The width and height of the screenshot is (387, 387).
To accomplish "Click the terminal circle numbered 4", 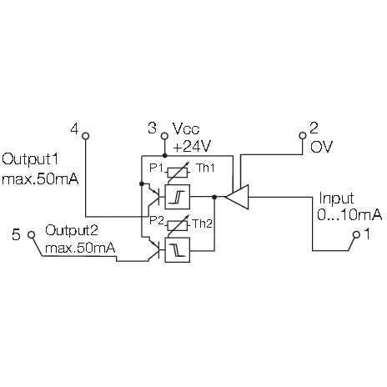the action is pyautogui.click(x=86, y=136).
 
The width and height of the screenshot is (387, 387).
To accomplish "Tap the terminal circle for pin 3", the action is pyautogui.click(x=164, y=136).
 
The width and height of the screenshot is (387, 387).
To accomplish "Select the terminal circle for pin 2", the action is pyautogui.click(x=303, y=136).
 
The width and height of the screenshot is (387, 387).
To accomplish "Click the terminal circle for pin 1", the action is pyautogui.click(x=356, y=235).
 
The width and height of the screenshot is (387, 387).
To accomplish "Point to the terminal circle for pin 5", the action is pyautogui.click(x=32, y=235).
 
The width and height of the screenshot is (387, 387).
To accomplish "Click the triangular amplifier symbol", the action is pyautogui.click(x=237, y=197).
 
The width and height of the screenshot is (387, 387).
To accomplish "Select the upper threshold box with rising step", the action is pyautogui.click(x=178, y=197).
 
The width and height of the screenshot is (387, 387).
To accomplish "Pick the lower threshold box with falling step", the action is pyautogui.click(x=178, y=250).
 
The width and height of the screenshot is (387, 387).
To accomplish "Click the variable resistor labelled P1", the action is pyautogui.click(x=177, y=172).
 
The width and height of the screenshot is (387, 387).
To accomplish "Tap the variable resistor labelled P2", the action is pyautogui.click(x=177, y=224).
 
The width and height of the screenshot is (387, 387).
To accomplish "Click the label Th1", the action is pyautogui.click(x=205, y=168).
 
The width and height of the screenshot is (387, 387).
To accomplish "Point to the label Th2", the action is pyautogui.click(x=203, y=224).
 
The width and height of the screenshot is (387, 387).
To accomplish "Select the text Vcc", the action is pyautogui.click(x=186, y=129).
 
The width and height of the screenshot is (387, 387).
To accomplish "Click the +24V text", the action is pyautogui.click(x=192, y=146).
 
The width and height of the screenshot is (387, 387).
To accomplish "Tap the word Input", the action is pyautogui.click(x=336, y=199).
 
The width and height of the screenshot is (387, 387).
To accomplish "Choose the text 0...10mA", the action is pyautogui.click(x=349, y=215).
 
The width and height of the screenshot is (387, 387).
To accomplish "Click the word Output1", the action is pyautogui.click(x=30, y=160).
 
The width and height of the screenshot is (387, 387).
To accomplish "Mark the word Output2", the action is pyautogui.click(x=72, y=231).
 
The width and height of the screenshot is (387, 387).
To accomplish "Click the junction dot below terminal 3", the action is pyautogui.click(x=164, y=155).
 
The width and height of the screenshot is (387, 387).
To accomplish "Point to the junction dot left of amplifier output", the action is pyautogui.click(x=214, y=197).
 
